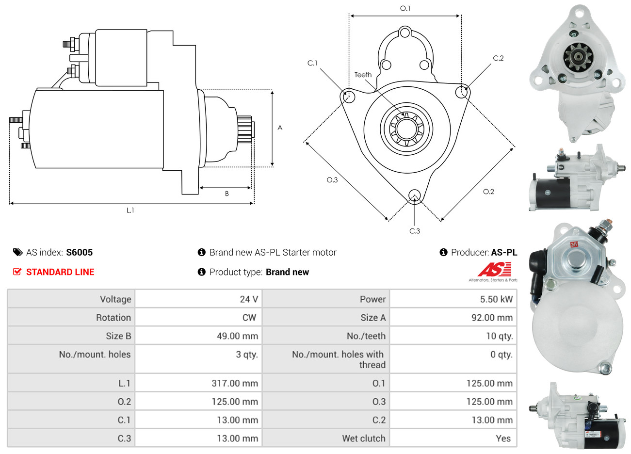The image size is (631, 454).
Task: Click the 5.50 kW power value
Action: pyautogui.click(x=496, y=299)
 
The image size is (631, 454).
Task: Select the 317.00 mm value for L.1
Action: pyautogui.click(x=234, y=383)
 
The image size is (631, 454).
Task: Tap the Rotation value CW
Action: pyautogui.click(x=249, y=318)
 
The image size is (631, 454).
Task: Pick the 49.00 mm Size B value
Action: pyautogui.click(x=237, y=336)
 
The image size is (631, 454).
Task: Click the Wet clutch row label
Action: pyautogui.click(x=363, y=438)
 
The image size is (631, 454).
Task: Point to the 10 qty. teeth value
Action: pyautogui.click(x=499, y=336)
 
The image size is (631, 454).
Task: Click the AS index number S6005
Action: pyautogui.click(x=79, y=252)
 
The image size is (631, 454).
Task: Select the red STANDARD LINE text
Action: pyautogui.click(x=60, y=272)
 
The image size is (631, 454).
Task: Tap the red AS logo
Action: pyautogui.click(x=494, y=270)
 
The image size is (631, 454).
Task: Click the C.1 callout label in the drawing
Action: pyautogui.click(x=312, y=63)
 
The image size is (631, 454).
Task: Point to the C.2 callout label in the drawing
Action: pyautogui.click(x=498, y=58)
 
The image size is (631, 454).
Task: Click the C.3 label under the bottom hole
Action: pyautogui.click(x=415, y=231)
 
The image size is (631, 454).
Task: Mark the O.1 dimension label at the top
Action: pyautogui.click(x=405, y=8)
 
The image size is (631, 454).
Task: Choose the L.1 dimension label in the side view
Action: pyautogui.click(x=130, y=210)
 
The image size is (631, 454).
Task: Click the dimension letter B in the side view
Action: pyautogui.click(x=227, y=194)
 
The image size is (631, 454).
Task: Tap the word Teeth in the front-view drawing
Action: pyautogui.click(x=363, y=75)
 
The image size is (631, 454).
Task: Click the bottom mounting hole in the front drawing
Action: pyautogui.click(x=415, y=195)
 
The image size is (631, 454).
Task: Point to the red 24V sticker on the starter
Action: pyautogui.click(x=574, y=244)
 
